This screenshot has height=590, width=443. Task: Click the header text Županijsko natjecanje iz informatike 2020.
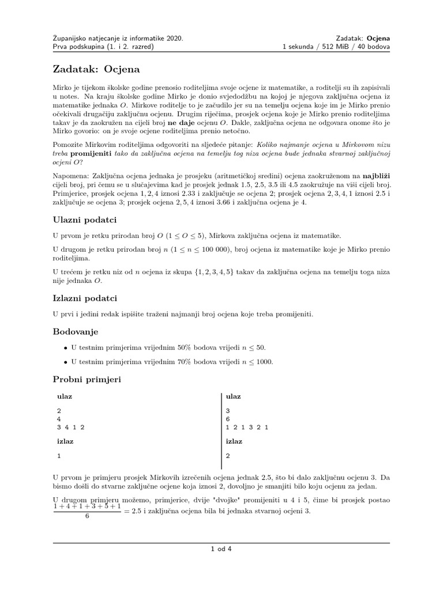tap(118, 38)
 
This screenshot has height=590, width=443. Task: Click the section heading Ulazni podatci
tap(85, 220)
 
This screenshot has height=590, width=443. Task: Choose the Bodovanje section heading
tap(76, 332)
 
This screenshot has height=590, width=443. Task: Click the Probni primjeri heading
tap(87, 380)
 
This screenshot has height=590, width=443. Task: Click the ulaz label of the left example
tap(65, 397)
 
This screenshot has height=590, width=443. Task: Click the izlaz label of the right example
tap(234, 441)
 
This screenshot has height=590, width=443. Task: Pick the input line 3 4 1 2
tap(71, 428)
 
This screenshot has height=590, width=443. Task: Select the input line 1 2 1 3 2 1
tap(247, 428)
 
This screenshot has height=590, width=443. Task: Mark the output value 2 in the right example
tap(228, 455)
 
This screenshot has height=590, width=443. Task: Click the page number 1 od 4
tap(221, 549)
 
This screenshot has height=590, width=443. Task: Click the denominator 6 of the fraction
tap(87, 516)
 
